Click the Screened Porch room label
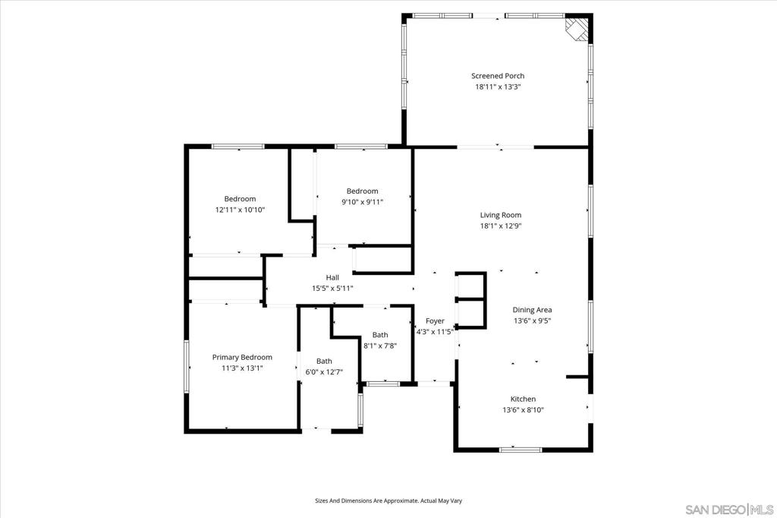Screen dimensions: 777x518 point(498,76)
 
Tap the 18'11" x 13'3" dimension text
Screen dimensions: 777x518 point(498,87)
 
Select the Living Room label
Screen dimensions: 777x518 point(501,215)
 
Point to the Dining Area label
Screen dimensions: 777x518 point(532,310)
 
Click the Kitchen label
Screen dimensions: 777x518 point(523,399)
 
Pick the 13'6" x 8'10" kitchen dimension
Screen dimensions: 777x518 point(523,410)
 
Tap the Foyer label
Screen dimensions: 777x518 point(435,321)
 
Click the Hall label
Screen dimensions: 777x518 point(332,277)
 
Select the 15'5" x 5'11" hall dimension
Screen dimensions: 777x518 point(332,289)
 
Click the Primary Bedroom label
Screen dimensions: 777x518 point(242,357)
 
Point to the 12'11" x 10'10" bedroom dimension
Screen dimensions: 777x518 point(240,210)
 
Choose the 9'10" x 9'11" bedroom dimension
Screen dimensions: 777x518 point(362,202)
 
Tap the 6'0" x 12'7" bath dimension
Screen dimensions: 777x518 point(324,372)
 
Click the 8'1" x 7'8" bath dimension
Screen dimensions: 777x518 point(380,346)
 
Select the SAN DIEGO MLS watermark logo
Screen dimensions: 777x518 point(729,510)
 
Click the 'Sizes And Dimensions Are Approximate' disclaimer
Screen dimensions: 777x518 point(388,501)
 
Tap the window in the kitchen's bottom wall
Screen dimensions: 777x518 point(521,450)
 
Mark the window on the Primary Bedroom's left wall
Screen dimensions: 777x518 point(187,367)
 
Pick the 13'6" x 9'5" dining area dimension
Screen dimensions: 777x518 point(532,321)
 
